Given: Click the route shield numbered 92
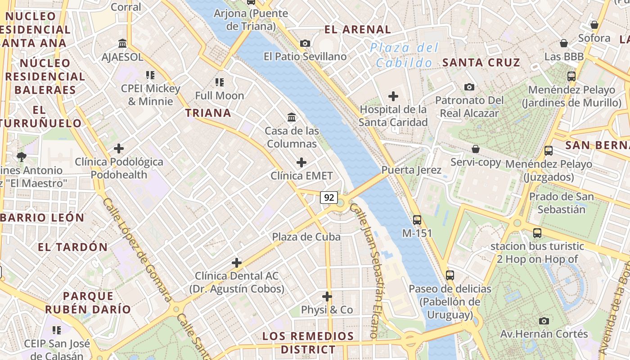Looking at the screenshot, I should pos(329,197).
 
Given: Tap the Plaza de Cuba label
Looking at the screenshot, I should pos(306,237).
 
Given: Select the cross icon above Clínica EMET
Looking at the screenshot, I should pos(301,162).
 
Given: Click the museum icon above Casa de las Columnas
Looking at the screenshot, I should pos(292,117).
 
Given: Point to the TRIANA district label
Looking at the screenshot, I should pos(208,113).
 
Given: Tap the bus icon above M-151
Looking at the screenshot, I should pos(417,220).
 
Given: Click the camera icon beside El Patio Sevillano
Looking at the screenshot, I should pos(305,43).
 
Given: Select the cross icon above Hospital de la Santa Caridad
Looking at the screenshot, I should pos(393,96).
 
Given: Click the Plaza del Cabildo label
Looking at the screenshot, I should pos(404,55).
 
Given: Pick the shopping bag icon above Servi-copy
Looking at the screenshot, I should pos(476,149).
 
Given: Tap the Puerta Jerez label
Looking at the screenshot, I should pos(405,170).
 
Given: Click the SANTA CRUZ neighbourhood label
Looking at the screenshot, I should pos(481,63).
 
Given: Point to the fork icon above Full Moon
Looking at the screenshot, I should pos(220,82).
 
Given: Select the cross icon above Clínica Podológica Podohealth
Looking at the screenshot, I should pos(119,148).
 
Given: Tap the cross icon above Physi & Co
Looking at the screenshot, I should pos(327,297).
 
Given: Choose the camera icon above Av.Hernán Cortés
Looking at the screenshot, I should pos(544,321).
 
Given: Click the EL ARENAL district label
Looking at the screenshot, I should pos(358,30).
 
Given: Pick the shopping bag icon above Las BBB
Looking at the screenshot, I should pos(563,43).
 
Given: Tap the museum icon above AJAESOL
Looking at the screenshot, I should pos(122,44).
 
